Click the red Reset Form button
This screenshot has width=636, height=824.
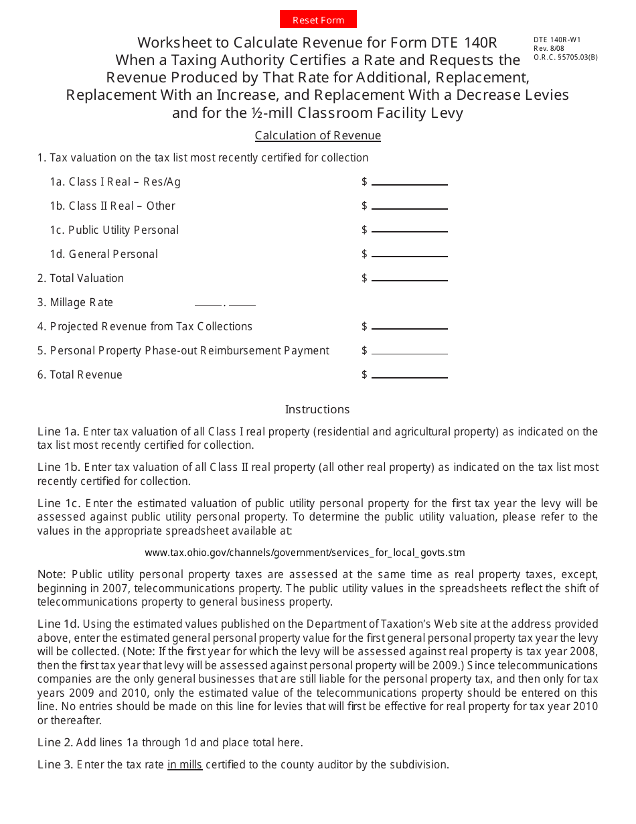point(318,19)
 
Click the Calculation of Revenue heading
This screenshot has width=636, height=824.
point(317,135)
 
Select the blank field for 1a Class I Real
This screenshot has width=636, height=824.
point(409,182)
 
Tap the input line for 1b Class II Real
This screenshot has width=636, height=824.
point(409,206)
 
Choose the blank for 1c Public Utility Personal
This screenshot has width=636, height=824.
point(409,230)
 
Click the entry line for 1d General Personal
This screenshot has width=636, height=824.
point(409,254)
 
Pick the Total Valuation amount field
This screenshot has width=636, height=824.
point(409,278)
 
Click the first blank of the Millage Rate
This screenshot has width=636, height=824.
point(208,303)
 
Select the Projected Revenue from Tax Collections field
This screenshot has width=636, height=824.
point(409,326)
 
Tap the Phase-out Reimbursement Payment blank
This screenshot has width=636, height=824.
point(409,350)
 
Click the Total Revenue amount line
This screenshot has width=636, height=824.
point(409,374)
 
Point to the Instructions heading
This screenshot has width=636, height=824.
point(317,409)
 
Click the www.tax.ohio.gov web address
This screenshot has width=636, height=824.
point(305,553)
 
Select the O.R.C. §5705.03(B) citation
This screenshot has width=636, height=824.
point(565,58)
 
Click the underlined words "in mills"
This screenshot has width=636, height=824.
point(185,764)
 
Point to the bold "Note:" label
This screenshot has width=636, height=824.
point(52,574)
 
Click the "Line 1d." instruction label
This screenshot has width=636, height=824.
point(58,624)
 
